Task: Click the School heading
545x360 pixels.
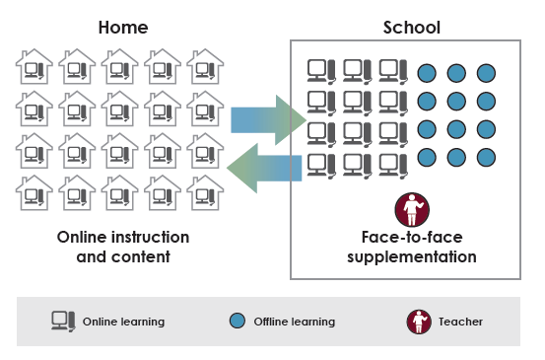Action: point(411,27)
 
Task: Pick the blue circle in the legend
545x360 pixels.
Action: point(237,321)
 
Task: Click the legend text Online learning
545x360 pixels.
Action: point(123,322)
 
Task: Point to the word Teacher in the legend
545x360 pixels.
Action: point(461,322)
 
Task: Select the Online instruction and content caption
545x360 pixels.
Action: point(123,248)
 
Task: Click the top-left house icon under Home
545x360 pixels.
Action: point(35,68)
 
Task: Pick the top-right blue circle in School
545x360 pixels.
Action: point(486,73)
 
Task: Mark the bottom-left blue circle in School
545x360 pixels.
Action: point(428,157)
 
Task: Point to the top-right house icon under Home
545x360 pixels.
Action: point(205,68)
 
